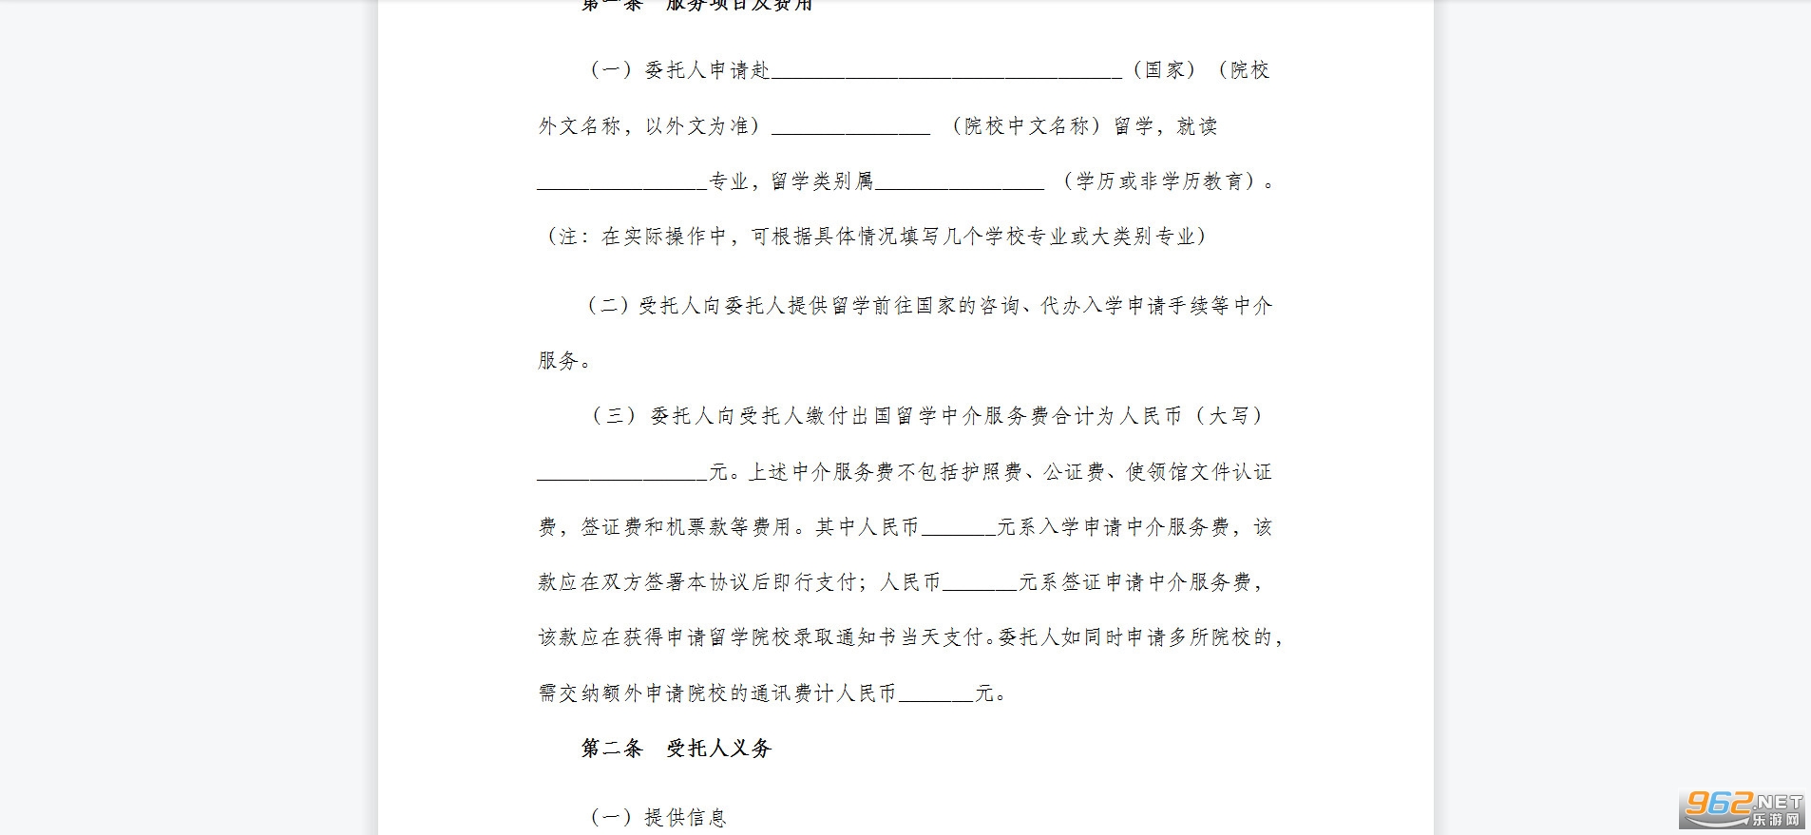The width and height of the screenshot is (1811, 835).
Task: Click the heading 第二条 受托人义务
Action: click(676, 749)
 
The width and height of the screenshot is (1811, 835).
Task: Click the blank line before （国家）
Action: click(945, 72)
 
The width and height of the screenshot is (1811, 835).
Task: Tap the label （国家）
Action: click(1165, 70)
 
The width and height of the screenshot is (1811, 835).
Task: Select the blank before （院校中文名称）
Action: click(850, 128)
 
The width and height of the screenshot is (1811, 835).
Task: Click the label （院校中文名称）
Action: click(1026, 126)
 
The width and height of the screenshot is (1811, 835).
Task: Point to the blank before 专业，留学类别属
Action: click(622, 183)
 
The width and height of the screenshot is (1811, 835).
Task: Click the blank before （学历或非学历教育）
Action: click(959, 183)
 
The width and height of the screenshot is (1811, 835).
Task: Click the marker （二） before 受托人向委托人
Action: click(608, 306)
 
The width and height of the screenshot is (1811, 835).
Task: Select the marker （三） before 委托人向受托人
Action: click(614, 416)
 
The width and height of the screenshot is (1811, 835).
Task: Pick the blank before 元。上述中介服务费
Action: click(622, 475)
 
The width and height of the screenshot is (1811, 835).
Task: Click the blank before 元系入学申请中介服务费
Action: click(958, 530)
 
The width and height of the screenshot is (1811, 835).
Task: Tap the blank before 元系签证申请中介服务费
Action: click(980, 585)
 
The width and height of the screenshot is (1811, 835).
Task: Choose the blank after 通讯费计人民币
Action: click(936, 696)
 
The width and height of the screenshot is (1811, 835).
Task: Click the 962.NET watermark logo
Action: click(1743, 808)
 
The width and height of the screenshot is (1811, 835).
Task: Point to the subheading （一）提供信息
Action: click(658, 817)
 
